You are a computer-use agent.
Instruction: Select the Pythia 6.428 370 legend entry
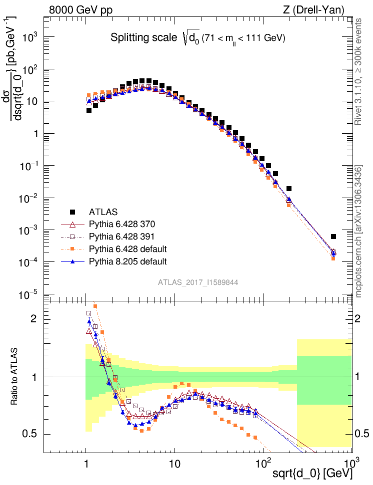122,224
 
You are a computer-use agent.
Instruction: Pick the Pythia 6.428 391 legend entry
122,236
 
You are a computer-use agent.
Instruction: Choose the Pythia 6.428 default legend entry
127,248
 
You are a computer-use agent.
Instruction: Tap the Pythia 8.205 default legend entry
127,261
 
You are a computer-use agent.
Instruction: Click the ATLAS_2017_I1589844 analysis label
198,282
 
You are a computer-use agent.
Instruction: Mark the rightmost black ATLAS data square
333,237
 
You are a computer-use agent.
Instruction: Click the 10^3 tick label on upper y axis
31,37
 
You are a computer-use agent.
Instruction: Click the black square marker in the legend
73,212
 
